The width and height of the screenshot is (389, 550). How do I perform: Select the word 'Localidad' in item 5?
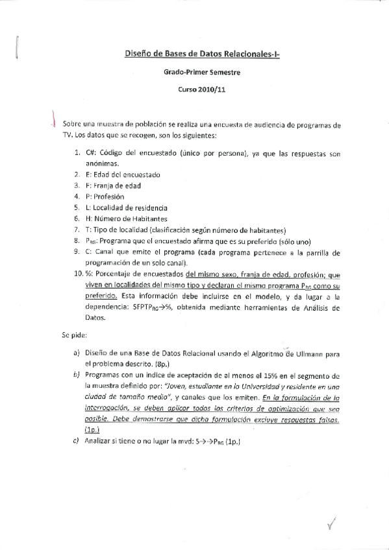point(111,207)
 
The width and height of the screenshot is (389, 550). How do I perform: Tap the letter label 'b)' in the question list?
point(75,376)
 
